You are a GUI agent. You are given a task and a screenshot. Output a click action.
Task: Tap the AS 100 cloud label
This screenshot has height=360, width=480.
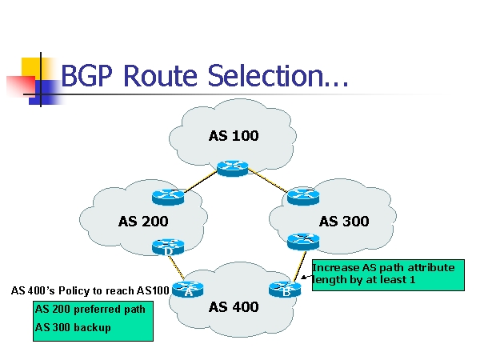coord(234,136)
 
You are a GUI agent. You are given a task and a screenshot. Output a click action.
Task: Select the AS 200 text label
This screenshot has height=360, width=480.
coord(143,222)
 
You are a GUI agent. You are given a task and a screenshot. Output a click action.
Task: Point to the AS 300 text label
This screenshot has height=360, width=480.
coord(344,222)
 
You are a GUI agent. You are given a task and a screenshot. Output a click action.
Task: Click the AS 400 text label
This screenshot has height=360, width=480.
coord(234,307)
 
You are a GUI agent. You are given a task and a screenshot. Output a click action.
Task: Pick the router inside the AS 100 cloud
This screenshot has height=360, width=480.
coord(233,167)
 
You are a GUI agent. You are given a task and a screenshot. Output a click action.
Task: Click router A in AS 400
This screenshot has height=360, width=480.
coord(189,288)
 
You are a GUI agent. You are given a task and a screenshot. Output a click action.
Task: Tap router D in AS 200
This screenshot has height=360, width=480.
coord(168,247)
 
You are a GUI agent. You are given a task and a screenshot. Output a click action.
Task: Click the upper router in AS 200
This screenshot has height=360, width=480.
coord(168,196)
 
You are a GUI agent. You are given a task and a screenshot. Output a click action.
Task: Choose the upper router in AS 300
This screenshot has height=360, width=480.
coord(303,195)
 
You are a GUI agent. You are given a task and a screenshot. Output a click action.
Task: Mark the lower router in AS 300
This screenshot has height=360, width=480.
coord(303,239)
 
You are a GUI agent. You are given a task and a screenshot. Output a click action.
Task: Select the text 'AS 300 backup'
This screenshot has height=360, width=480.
coord(73,327)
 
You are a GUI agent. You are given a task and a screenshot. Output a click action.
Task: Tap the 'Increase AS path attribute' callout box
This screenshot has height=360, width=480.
coord(383,274)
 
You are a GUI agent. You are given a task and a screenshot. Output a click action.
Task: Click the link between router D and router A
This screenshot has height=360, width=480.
coord(178,268)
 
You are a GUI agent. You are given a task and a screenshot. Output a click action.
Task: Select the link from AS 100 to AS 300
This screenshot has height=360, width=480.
coord(268,182)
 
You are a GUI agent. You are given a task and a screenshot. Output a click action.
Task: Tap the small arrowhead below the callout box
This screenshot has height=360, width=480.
coord(304,278)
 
